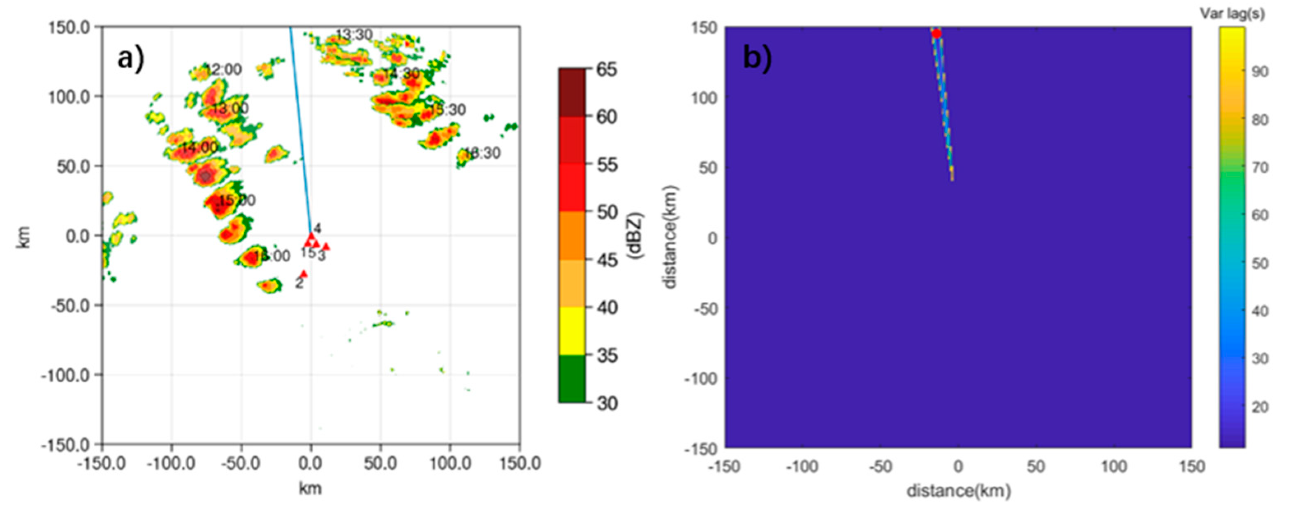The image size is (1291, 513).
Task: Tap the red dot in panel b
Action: pos(936,34)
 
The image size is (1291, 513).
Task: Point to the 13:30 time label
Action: pos(355,35)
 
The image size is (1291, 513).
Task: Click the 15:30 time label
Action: pos(447,110)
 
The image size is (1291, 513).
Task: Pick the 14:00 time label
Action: pos(199,148)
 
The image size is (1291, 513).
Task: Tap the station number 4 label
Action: pos(317,229)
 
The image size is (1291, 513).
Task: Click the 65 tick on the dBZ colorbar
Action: pos(606,69)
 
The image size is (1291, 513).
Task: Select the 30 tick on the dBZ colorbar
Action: pos(606,403)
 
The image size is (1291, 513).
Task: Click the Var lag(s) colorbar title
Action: pos(1232,14)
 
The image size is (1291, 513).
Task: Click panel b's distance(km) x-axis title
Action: pos(958,491)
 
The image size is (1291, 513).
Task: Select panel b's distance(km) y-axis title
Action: pos(670,237)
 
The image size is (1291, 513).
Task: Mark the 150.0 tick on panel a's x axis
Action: pos(520,463)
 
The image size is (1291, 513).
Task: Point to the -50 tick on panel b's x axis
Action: pos(881,467)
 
